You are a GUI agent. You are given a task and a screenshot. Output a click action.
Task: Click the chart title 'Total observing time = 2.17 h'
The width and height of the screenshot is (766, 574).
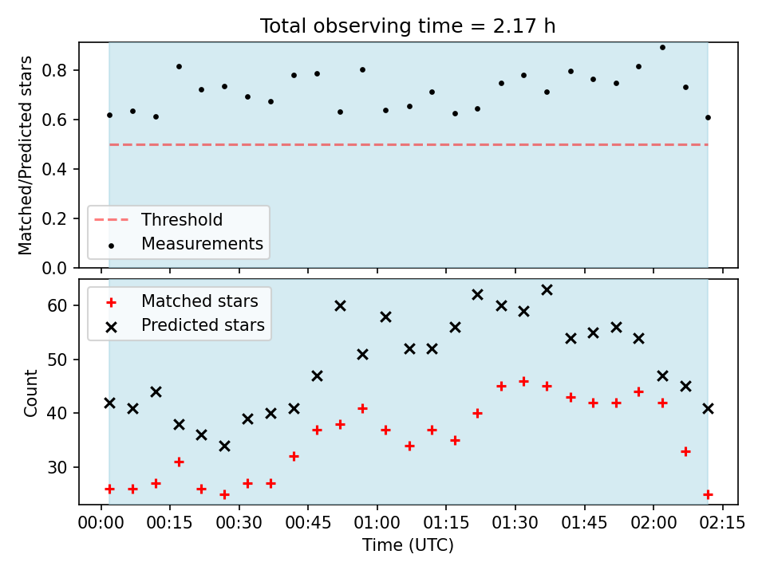point(408,26)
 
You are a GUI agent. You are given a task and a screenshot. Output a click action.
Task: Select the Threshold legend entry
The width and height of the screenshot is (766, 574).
point(158,220)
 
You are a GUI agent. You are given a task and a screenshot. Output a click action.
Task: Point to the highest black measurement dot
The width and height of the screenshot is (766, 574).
point(662,47)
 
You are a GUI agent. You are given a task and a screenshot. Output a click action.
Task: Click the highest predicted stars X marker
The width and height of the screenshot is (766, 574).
point(547,290)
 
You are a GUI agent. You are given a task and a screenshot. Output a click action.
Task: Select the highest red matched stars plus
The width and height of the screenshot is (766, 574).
point(523,381)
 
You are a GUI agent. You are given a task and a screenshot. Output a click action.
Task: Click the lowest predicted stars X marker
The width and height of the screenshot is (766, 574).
point(225,446)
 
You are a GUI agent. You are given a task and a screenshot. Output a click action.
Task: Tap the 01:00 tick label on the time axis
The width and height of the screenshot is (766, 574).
point(377,523)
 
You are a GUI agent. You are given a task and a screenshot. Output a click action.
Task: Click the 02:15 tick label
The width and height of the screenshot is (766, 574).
point(723,523)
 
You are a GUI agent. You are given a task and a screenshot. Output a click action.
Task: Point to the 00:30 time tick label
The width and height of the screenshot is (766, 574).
point(239,523)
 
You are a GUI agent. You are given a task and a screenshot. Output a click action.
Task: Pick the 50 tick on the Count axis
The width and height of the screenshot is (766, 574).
point(57,360)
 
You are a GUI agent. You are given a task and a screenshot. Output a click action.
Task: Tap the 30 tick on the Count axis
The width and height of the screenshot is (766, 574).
point(57,467)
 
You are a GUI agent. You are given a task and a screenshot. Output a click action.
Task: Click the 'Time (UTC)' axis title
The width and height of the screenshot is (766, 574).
point(408,545)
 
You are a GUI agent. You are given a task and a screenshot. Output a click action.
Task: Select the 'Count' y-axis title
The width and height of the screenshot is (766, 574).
point(30,393)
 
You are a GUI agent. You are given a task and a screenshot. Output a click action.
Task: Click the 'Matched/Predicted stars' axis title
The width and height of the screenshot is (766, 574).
point(25,155)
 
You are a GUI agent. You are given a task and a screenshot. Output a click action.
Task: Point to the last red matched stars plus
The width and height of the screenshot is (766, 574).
point(708,494)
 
